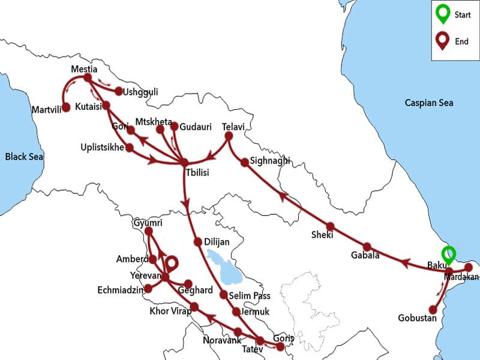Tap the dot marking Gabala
[x=367, y=247]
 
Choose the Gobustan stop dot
[x=440, y=310]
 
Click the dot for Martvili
[x=66, y=107]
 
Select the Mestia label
[x=83, y=68]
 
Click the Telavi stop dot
[x=227, y=136]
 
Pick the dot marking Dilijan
[x=198, y=242]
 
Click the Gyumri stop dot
[x=149, y=231]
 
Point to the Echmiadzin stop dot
[x=148, y=288]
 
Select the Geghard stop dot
[x=188, y=284]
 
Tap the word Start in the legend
[x=463, y=14]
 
